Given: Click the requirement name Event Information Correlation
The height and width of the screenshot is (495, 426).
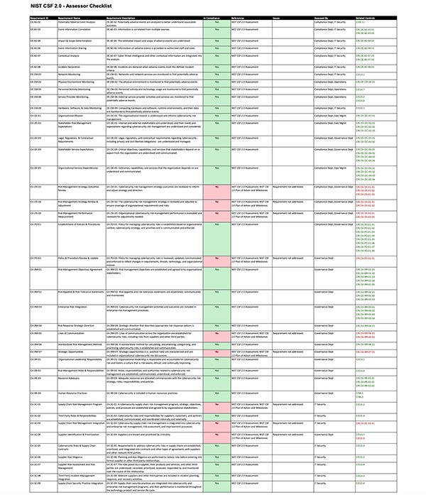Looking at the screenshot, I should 77,30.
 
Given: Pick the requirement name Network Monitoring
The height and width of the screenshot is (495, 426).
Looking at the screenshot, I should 70,74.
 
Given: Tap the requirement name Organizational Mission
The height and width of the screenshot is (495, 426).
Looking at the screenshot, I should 75,114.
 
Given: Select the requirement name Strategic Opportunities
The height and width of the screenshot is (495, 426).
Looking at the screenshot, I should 73,351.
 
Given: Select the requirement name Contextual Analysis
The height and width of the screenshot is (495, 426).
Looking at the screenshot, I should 72,55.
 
